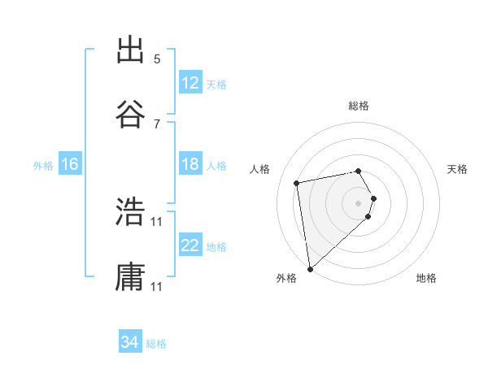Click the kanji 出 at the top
pyautogui.click(x=130, y=50)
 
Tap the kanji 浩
pyautogui.click(x=130, y=213)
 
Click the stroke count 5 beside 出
pyautogui.click(x=157, y=59)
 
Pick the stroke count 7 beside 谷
pyautogui.click(x=157, y=124)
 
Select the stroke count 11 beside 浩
pyautogui.click(x=157, y=222)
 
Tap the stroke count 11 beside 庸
pyautogui.click(x=157, y=287)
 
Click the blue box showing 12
pyautogui.click(x=190, y=83)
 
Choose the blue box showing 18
pyautogui.click(x=190, y=164)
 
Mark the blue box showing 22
pyautogui.click(x=190, y=245)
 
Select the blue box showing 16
pyautogui.click(x=70, y=164)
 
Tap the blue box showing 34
pyautogui.click(x=130, y=342)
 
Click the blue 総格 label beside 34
pyautogui.click(x=156, y=344)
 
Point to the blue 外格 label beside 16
pyautogui.click(x=43, y=166)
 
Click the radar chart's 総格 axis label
pyautogui.click(x=359, y=106)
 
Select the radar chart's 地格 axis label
pyautogui.click(x=426, y=278)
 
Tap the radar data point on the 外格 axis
pyautogui.click(x=310, y=268)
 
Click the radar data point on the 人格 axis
pyautogui.click(x=298, y=182)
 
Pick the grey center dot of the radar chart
pyautogui.click(x=359, y=202)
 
